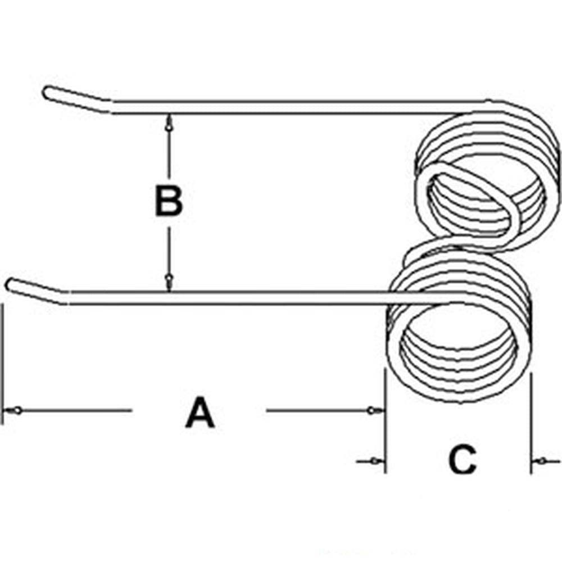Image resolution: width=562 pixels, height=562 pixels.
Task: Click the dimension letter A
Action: coord(200,413)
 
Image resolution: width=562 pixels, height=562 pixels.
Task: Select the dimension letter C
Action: coord(462,461)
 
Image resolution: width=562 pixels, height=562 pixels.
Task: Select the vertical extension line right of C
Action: coord(531,422)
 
